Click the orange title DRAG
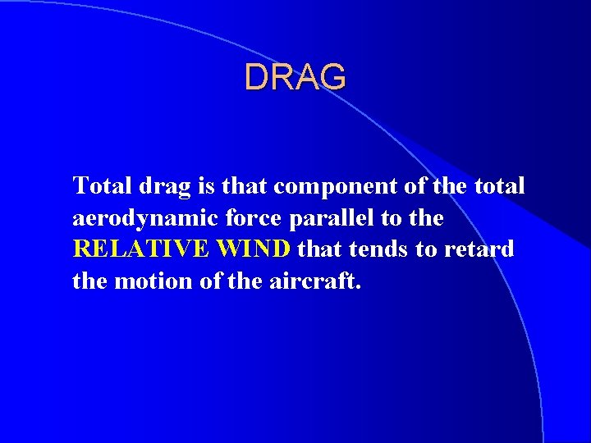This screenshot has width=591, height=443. pyautogui.click(x=295, y=77)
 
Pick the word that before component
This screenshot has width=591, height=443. pyautogui.click(x=245, y=186)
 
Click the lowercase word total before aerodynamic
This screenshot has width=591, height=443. pyautogui.click(x=498, y=186)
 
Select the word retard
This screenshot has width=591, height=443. pyautogui.click(x=479, y=249)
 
